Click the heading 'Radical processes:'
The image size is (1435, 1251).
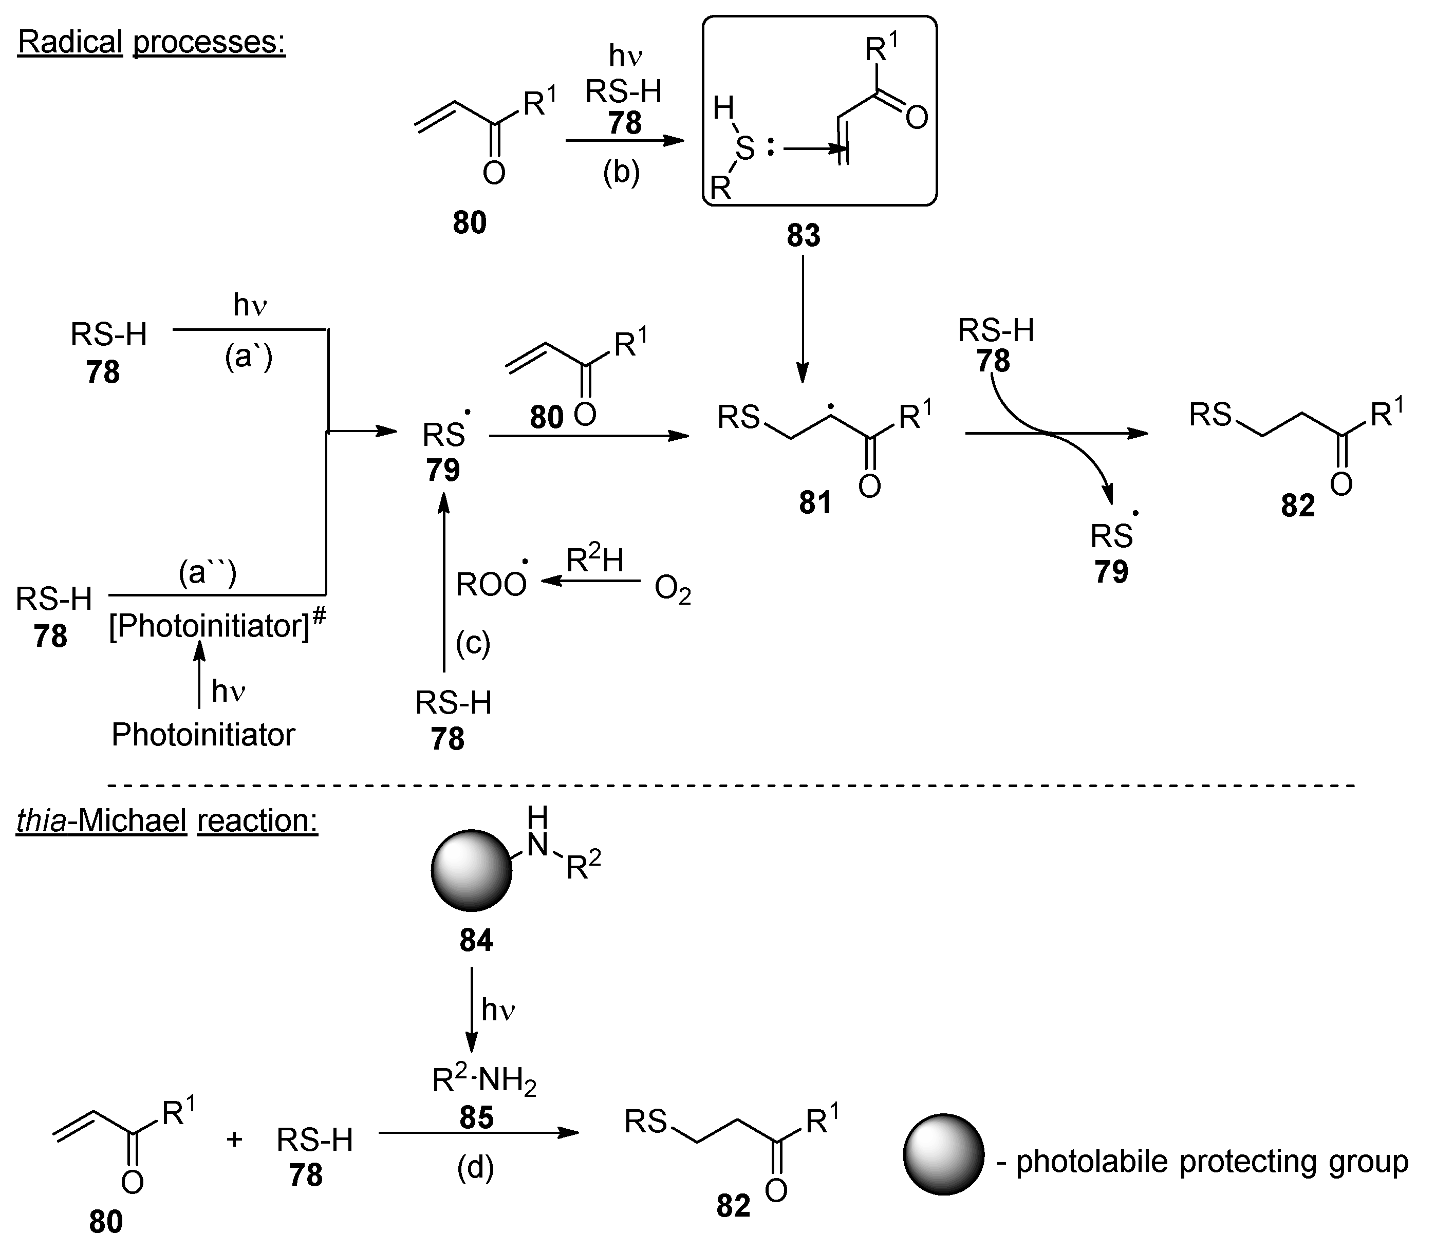(x=152, y=42)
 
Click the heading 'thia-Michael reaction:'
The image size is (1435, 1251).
(x=167, y=820)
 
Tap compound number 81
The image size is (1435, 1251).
(x=815, y=502)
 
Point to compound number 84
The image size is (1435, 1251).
(x=476, y=940)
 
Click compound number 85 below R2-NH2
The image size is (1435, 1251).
(x=477, y=1117)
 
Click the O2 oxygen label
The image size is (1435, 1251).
(x=672, y=591)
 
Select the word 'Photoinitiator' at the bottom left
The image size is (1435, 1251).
(x=203, y=734)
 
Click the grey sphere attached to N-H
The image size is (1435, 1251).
(x=472, y=870)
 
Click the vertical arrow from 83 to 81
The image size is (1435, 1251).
(x=803, y=318)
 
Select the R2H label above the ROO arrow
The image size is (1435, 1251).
(x=594, y=560)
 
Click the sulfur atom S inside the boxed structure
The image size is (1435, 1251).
(x=746, y=148)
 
